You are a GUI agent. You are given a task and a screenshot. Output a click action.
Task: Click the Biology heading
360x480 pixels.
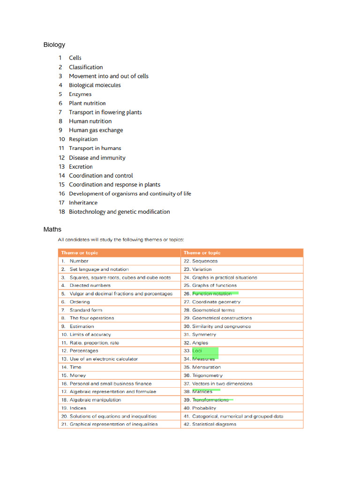point(54,45)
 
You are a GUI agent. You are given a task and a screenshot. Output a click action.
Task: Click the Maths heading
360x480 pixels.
point(52,230)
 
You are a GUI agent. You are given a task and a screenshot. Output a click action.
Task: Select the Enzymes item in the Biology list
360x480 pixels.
point(81,94)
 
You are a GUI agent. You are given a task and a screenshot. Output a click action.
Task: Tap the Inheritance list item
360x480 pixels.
point(83,202)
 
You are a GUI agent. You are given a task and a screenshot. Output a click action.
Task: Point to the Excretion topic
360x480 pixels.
point(81,166)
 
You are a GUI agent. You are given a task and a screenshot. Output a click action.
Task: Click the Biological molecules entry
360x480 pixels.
point(95,85)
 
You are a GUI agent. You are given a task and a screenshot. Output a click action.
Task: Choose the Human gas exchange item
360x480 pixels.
point(96,130)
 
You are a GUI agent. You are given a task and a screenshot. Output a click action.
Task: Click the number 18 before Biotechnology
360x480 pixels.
point(61,212)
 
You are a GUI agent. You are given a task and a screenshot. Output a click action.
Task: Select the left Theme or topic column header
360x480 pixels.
point(79,253)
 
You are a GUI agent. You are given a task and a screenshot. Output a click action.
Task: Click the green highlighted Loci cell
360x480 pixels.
point(197,351)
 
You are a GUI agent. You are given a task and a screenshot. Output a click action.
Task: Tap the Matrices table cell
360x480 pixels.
point(202,391)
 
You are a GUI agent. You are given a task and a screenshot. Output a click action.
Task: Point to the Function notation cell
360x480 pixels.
point(212,293)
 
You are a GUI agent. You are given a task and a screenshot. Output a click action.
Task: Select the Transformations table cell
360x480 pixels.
point(210,400)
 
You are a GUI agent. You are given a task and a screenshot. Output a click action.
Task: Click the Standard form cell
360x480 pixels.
point(86,310)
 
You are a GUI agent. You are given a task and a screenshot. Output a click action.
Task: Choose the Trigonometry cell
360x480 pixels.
point(207,375)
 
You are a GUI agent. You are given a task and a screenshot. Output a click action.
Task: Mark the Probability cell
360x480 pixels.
point(204,408)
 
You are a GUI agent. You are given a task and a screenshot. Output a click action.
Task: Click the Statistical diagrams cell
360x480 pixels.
point(214,424)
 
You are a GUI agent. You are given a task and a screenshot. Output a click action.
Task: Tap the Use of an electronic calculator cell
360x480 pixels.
point(104,359)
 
